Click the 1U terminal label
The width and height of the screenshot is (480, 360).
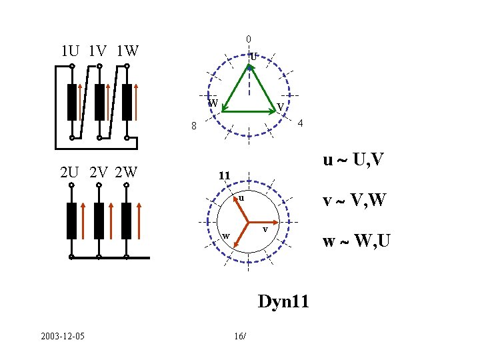(70, 51)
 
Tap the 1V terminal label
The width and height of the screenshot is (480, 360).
(97, 51)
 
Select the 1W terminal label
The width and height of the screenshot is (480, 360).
(127, 51)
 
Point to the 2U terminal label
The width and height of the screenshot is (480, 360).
(71, 173)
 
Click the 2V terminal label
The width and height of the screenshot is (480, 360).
(98, 173)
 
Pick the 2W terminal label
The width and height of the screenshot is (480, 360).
(126, 173)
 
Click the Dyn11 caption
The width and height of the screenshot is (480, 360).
(283, 301)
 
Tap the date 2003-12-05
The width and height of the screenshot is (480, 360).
(61, 335)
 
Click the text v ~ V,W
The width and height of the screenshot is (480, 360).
(357, 199)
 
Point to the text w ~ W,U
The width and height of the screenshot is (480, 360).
(357, 241)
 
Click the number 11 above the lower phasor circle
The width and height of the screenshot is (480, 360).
(225, 176)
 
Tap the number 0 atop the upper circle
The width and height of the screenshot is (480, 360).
(248, 38)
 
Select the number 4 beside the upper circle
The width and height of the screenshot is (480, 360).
(301, 124)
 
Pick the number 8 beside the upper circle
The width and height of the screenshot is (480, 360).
(193, 126)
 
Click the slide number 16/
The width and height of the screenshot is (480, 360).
(240, 335)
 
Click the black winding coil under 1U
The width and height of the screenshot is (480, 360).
(72, 102)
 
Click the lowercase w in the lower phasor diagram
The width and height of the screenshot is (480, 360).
(226, 236)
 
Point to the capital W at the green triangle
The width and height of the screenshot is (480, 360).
(213, 103)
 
